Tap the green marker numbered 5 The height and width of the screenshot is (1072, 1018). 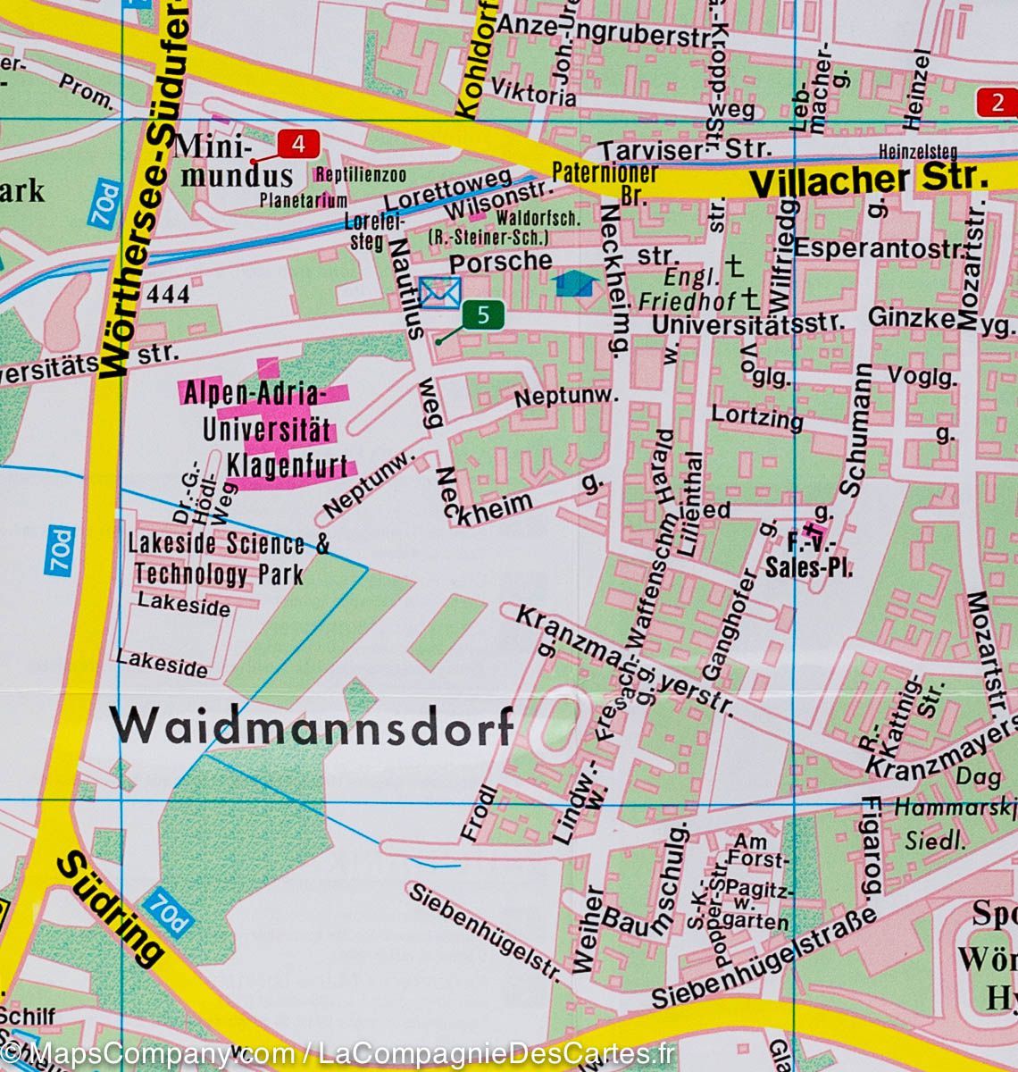pos(483,314)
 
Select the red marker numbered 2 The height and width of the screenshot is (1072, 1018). pos(997,102)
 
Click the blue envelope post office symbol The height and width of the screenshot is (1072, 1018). pos(439,292)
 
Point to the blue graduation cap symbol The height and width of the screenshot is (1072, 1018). pos(573,285)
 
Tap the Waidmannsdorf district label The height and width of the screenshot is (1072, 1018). pos(312,725)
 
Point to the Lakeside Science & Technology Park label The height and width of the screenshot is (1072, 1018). pos(228,559)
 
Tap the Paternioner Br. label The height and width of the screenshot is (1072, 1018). pos(605,180)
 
